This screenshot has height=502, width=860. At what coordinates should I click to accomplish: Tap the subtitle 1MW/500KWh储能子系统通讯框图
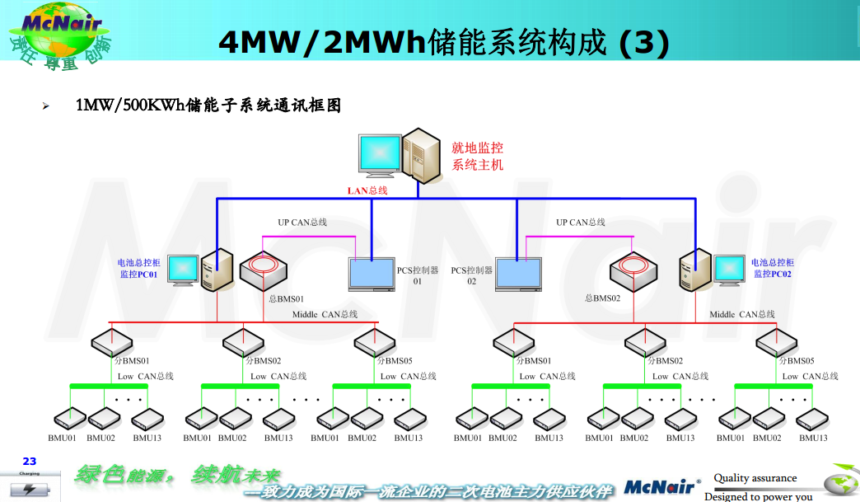208,106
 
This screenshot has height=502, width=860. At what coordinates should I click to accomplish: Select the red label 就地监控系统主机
477,157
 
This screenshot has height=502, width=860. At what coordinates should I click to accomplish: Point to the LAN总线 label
367,190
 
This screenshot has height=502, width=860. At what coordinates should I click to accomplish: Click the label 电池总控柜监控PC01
138,268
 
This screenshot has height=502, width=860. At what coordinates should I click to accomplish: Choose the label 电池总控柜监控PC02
773,268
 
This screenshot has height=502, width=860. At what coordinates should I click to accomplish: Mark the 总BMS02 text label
602,298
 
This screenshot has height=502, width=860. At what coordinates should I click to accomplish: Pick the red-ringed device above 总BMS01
263,269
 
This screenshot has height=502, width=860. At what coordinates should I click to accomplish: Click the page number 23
30,462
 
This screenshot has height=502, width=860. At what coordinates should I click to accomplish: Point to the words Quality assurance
755,478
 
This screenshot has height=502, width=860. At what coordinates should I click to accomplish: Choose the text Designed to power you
758,496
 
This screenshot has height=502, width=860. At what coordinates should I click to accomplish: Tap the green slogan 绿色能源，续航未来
178,475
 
